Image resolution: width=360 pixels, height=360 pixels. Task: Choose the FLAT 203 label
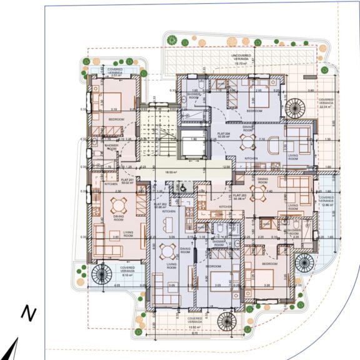coord(238,196)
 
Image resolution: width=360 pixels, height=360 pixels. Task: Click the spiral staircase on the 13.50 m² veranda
coord(226,321)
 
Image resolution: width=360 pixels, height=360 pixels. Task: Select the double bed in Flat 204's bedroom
coord(258,96)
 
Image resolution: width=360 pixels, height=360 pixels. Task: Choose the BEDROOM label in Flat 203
coord(269,264)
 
